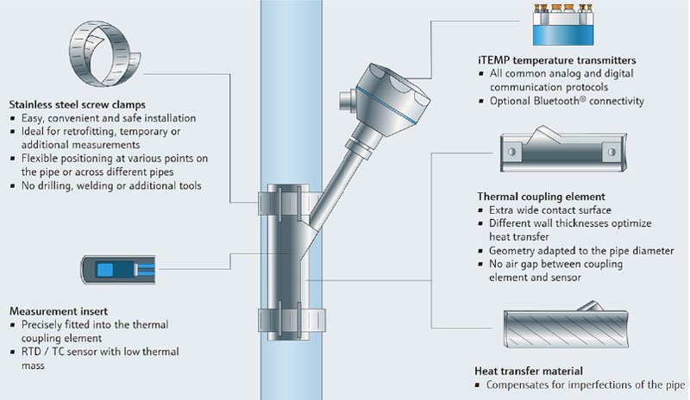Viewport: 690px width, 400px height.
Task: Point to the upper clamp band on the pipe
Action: coord(283,200)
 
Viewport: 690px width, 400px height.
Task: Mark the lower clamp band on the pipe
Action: coord(283,312)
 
